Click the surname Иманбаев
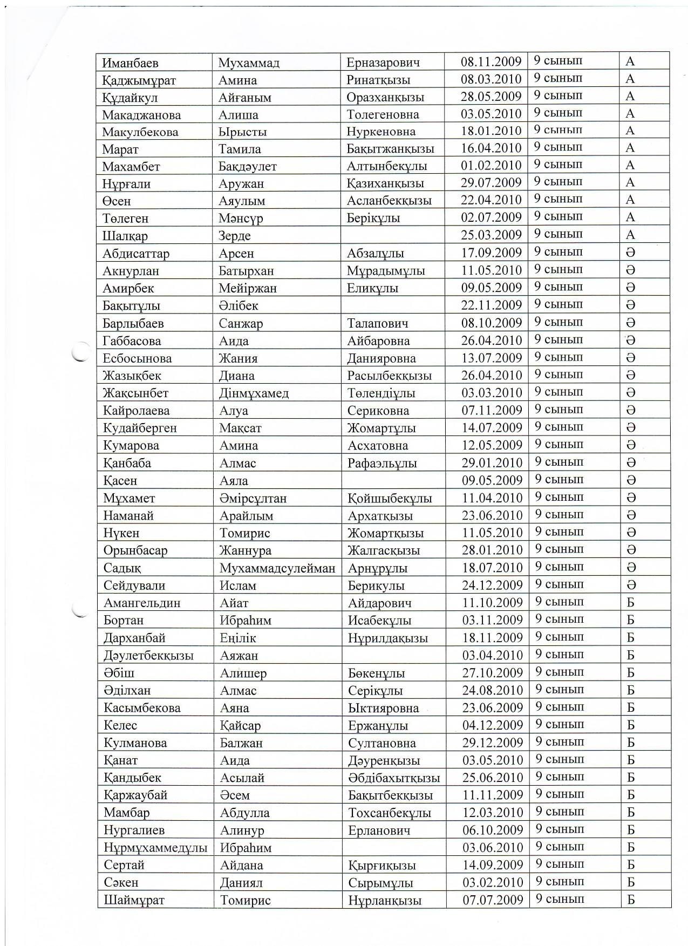click(x=131, y=63)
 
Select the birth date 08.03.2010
click(x=491, y=79)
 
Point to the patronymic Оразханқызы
click(x=385, y=98)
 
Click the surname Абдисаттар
click(x=136, y=254)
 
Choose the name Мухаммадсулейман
click(x=277, y=568)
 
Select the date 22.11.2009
click(x=492, y=305)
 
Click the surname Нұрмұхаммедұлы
click(x=155, y=848)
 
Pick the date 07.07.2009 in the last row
click(x=493, y=900)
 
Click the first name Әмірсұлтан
click(x=253, y=498)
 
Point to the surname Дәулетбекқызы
click(x=148, y=656)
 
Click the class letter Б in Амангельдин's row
click(x=630, y=603)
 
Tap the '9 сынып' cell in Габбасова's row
click(x=558, y=340)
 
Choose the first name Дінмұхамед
click(x=254, y=393)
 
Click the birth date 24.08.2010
click(x=493, y=690)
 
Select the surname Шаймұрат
click(x=134, y=900)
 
